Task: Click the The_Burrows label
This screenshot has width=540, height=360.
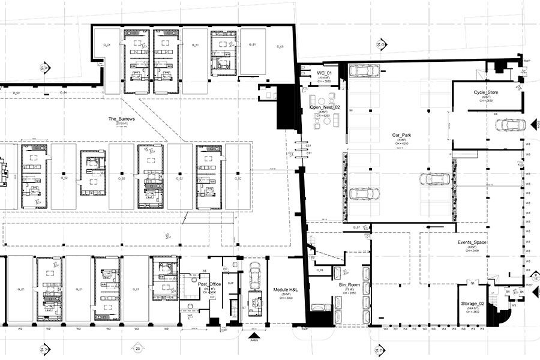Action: (x=121, y=119)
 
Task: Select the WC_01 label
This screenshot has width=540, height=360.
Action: (x=324, y=73)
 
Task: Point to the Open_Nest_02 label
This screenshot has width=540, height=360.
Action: (x=323, y=107)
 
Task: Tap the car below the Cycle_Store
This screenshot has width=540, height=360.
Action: (x=509, y=125)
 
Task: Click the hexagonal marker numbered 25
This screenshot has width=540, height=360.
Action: (x=137, y=349)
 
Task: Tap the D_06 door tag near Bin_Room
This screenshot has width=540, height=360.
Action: (x=320, y=271)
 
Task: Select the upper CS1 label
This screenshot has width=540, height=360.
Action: (x=309, y=145)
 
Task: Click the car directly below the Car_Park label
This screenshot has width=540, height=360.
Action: (x=433, y=179)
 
